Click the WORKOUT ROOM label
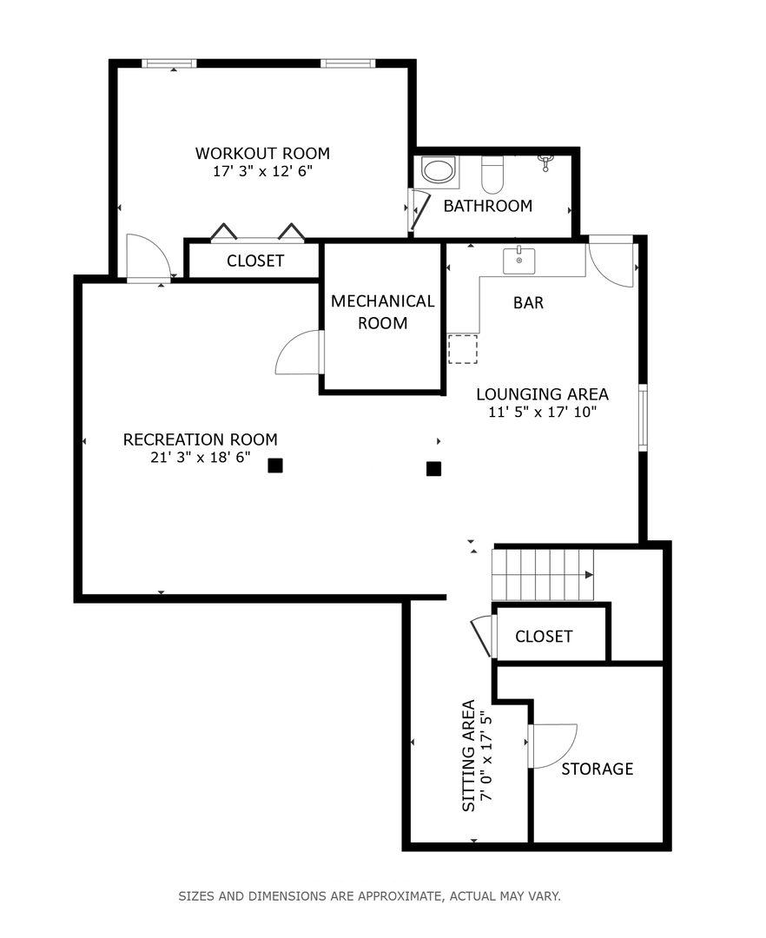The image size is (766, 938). (x=262, y=154)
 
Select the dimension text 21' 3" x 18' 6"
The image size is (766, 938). (x=201, y=457)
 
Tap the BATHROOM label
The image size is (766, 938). (x=487, y=206)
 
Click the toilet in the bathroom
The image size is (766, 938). (x=492, y=175)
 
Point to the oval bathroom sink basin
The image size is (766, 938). (x=439, y=170)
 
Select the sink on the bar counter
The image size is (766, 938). (x=518, y=260)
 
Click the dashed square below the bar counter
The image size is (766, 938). (x=462, y=349)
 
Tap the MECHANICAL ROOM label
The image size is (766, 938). (x=382, y=312)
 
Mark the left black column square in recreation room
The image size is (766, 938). (x=275, y=466)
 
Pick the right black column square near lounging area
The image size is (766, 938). (x=433, y=469)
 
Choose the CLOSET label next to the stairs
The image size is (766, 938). (x=544, y=637)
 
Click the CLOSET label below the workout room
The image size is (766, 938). (x=255, y=261)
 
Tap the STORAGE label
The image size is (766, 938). (x=597, y=769)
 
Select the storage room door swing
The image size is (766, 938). (x=552, y=745)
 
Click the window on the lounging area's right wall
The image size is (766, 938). (x=643, y=418)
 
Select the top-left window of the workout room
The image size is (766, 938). (x=169, y=63)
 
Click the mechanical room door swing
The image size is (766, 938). (x=299, y=353)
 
